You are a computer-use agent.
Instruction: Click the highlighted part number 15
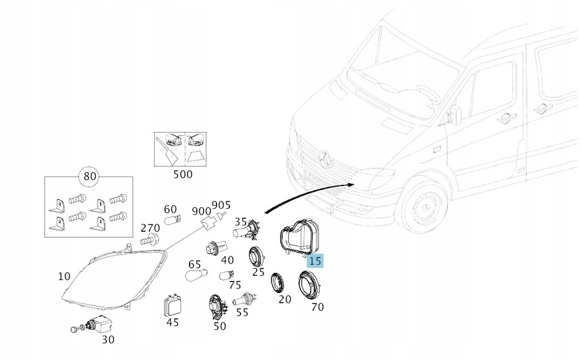point(315,261)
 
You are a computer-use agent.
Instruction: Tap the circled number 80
point(90,176)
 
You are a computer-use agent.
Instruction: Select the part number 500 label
point(183,175)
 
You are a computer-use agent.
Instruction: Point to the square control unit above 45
point(172,307)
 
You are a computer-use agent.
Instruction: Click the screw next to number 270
point(150,240)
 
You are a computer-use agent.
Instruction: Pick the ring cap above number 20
point(277,283)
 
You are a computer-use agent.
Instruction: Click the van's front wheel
point(424,205)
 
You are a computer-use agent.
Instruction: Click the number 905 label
point(221,205)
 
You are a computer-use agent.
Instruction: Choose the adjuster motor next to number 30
point(92,324)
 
